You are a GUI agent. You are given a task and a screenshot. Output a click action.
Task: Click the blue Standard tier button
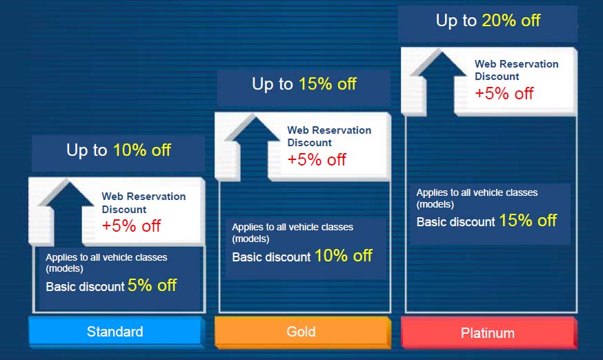pyautogui.click(x=115, y=332)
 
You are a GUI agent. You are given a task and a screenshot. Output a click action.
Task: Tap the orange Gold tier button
pyautogui.click(x=301, y=332)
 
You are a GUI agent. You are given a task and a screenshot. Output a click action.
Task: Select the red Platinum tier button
pyautogui.click(x=488, y=332)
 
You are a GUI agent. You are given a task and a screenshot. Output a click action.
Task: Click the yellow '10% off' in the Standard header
pyautogui.click(x=142, y=150)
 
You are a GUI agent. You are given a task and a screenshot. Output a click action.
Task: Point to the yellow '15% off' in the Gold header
pyautogui.click(x=328, y=84)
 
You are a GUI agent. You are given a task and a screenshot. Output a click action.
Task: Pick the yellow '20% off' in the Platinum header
pyautogui.click(x=511, y=21)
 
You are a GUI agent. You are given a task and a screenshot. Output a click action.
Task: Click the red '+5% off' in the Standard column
pyautogui.click(x=131, y=226)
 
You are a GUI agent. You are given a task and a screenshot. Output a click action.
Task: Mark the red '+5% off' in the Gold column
pyautogui.click(x=317, y=159)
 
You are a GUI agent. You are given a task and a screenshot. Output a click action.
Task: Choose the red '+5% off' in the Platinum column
pyautogui.click(x=504, y=94)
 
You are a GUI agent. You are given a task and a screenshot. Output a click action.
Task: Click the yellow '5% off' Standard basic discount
pyautogui.click(x=152, y=286)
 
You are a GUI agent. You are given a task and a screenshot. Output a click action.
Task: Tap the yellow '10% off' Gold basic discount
pyautogui.click(x=344, y=256)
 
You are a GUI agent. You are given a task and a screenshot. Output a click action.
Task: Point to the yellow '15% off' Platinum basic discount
pyautogui.click(x=528, y=221)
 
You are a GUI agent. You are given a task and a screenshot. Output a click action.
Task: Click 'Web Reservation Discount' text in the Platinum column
pyautogui.click(x=517, y=70)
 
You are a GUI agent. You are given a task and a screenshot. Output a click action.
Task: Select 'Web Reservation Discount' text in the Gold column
pyautogui.click(x=329, y=136)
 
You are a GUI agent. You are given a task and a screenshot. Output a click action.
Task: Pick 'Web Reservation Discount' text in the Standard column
pyautogui.click(x=144, y=203)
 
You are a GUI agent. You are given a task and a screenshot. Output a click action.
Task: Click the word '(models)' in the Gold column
pyautogui.click(x=250, y=239)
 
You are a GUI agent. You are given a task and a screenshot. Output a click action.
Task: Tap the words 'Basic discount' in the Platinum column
pyautogui.click(x=456, y=222)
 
